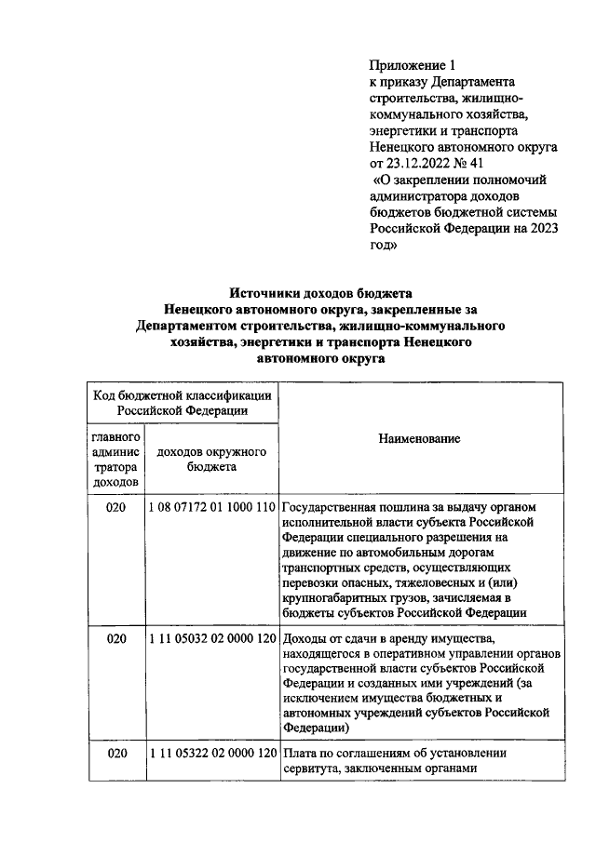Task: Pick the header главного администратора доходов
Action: coord(115,459)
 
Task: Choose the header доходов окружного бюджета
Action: coord(212,459)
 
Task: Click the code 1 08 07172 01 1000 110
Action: coord(212,508)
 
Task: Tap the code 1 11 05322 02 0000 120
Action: coord(212,753)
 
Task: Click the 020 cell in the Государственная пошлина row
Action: coord(115,508)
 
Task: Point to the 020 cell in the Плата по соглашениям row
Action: coord(115,753)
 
